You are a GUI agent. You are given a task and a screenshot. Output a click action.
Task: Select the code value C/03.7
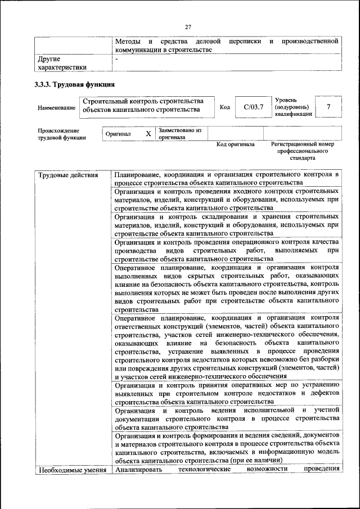pos(250,107)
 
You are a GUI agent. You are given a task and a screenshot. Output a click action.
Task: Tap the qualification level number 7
pos(328,107)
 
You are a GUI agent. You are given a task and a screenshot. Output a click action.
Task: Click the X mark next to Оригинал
pos(148,134)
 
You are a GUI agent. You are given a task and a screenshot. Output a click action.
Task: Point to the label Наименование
pos(56,107)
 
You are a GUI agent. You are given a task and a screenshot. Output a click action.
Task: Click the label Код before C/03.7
pos(224,107)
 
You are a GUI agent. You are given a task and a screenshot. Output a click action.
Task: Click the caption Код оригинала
pos(236,145)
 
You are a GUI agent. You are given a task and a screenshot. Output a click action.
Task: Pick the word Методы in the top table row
pos(127,42)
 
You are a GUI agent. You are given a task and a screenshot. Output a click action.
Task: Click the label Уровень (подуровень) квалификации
pos(291,106)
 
